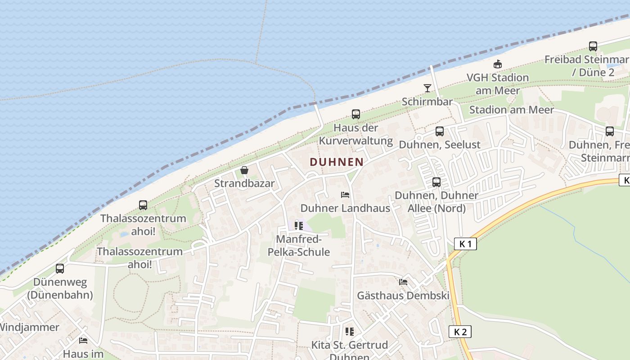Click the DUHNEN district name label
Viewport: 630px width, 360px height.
(337, 162)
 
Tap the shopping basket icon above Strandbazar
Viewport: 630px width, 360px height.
(244, 170)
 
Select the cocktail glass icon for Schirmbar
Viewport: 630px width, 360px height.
(427, 88)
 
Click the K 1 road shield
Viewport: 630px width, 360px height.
(465, 244)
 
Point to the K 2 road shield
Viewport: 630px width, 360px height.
(460, 332)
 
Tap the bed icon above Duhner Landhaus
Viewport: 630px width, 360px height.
(345, 195)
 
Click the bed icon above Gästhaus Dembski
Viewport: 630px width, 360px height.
(403, 282)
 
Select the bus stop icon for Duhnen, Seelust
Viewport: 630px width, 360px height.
(439, 131)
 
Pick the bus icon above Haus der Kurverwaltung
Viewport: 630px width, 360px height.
(355, 114)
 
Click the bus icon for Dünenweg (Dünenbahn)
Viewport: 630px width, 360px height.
(59, 269)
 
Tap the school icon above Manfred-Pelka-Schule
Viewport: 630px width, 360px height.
(298, 225)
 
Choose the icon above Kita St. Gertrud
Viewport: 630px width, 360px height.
(349, 332)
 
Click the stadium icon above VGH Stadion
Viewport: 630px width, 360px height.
(497, 64)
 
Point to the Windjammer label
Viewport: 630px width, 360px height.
(29, 327)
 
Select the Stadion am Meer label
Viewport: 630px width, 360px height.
(512, 110)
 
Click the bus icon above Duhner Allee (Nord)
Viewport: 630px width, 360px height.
(436, 182)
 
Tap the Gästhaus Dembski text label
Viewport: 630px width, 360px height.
(403, 296)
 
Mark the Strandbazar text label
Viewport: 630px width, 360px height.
(244, 183)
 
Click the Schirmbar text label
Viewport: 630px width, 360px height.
(427, 101)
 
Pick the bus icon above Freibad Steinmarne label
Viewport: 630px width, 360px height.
(593, 46)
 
